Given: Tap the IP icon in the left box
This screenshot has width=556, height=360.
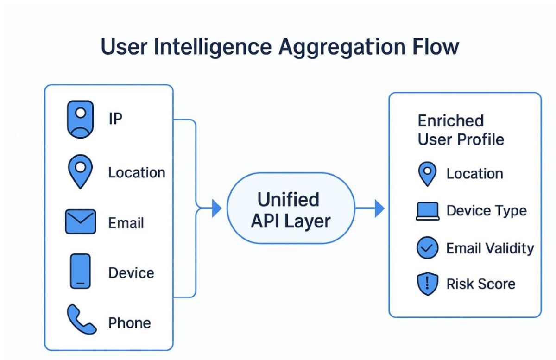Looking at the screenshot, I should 80,120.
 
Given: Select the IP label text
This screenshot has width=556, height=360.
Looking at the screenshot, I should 115,119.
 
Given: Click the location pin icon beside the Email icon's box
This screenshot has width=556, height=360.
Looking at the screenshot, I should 80,172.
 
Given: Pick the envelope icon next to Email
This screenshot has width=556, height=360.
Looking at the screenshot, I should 80,222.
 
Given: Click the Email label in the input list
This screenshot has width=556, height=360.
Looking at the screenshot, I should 126,223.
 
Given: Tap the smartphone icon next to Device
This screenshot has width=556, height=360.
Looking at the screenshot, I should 80,272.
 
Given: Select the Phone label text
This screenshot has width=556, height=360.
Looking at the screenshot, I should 129,322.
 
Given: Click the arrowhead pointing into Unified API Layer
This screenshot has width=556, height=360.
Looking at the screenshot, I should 216,209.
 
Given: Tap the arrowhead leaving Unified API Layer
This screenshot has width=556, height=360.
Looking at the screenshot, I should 379,209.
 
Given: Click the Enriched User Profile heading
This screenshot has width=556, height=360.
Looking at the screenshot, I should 461,130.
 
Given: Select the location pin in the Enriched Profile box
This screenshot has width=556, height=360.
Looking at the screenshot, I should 427,174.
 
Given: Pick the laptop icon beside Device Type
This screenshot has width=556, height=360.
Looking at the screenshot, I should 427,212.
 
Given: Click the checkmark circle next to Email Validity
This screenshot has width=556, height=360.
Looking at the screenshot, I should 427,248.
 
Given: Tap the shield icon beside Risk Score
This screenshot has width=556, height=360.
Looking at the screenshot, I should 427,284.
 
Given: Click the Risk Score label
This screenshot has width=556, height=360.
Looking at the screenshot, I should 480,284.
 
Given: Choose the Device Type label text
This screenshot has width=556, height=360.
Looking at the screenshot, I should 486,211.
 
